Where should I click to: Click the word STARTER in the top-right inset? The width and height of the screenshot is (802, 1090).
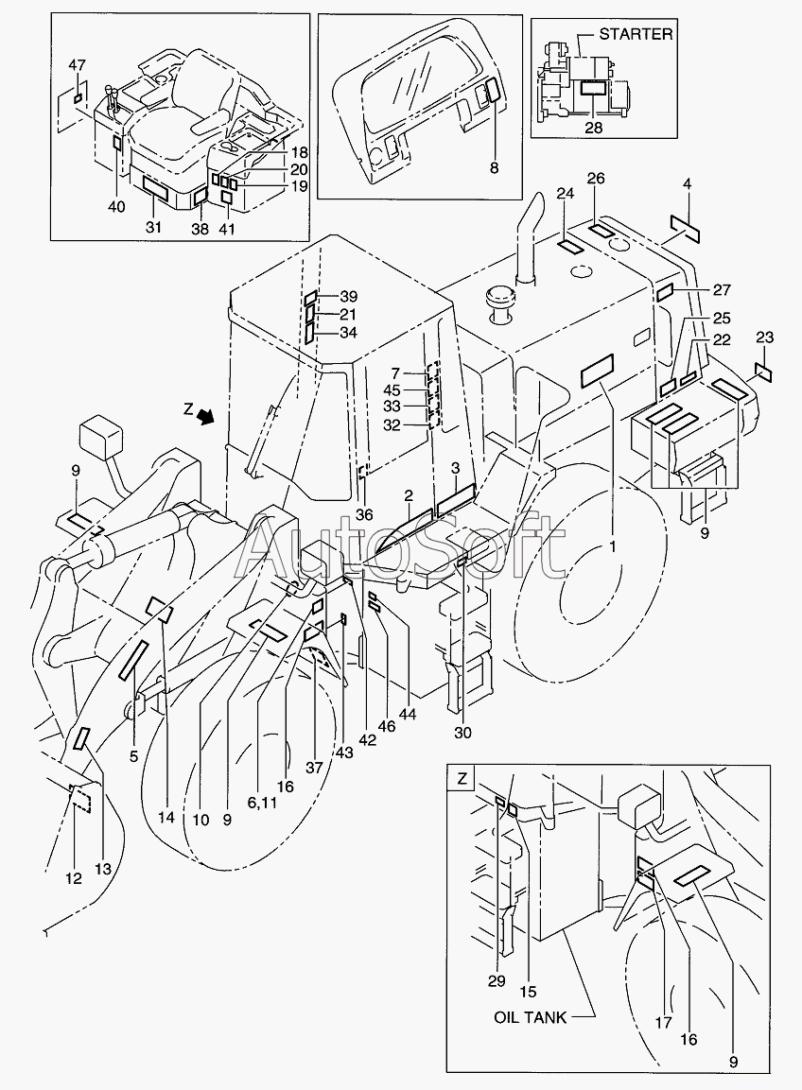[x=636, y=33]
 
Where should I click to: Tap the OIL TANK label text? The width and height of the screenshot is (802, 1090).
[x=530, y=1017]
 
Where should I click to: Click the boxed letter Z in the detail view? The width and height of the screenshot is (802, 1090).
[x=462, y=779]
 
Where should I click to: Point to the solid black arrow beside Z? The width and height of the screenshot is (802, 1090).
[x=205, y=415]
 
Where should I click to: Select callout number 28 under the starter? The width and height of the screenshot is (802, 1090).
[x=593, y=128]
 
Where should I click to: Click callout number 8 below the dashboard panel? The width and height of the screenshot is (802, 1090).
[x=494, y=168]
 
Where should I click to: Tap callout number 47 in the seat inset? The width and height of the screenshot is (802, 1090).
[x=78, y=65]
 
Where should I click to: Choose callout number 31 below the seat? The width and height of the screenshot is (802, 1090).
[x=153, y=227]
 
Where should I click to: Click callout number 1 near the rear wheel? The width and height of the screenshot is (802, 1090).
[x=612, y=547]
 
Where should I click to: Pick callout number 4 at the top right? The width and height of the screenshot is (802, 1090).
[x=688, y=184]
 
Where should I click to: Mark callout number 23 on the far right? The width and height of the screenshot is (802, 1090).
[x=764, y=337]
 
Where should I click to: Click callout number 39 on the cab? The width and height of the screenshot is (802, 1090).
[x=348, y=297]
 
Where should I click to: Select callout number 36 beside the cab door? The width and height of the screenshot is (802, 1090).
[x=364, y=514]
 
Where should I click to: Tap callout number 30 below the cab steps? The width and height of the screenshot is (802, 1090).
[x=462, y=732]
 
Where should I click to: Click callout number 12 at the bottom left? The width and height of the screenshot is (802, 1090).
[x=73, y=878]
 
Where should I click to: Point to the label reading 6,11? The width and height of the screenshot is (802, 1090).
[x=261, y=804]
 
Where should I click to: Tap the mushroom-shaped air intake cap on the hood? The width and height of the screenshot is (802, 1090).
[x=501, y=303]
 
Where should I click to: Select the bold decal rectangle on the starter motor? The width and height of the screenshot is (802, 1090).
[x=593, y=88]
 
